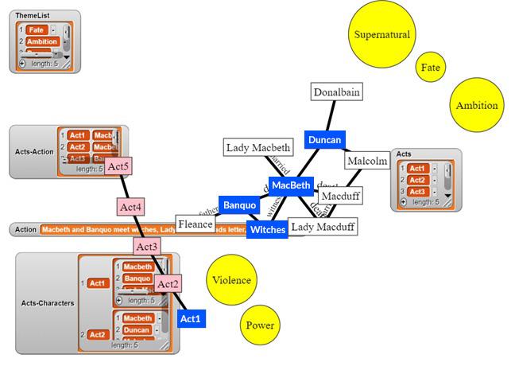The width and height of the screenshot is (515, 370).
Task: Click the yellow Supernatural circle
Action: click(x=382, y=35)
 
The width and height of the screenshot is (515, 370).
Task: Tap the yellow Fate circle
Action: click(x=430, y=68)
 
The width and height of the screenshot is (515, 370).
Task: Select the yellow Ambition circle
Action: click(x=476, y=105)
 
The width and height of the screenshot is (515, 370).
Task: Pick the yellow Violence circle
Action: click(x=231, y=280)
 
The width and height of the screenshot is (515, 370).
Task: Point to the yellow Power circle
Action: click(x=260, y=325)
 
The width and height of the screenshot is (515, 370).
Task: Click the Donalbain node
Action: click(x=336, y=92)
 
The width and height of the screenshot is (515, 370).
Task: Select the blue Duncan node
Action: click(x=324, y=140)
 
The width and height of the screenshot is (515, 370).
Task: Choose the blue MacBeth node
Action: click(x=290, y=185)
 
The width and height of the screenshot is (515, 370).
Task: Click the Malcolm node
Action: click(x=367, y=161)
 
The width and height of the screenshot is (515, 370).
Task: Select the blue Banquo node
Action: click(x=239, y=205)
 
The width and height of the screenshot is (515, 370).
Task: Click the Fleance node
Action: click(x=196, y=224)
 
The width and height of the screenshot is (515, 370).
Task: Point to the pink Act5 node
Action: click(x=118, y=166)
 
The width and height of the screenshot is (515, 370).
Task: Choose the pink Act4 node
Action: click(x=130, y=207)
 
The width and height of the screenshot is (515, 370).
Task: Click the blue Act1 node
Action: click(x=191, y=319)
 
